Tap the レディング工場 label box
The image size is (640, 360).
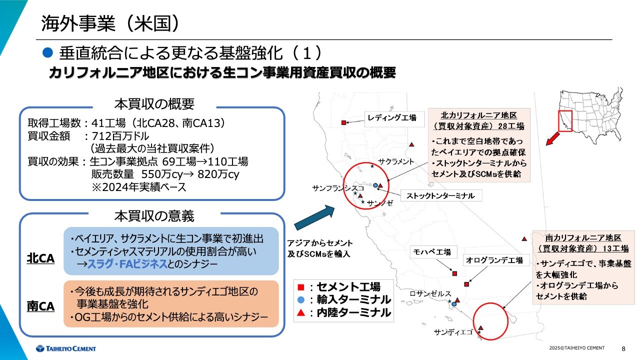(392, 118)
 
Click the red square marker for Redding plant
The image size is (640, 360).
(343, 122)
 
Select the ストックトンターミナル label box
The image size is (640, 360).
(440, 195)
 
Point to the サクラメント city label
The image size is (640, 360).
(396, 161)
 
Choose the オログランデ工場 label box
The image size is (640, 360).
(494, 260)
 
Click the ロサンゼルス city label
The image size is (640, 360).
(430, 293)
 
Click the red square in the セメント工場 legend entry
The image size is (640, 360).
(300, 287)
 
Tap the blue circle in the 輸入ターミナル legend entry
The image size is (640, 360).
(300, 300)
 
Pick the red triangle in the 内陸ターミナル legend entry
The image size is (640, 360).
(300, 313)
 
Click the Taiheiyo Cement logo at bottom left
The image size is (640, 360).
(66, 348)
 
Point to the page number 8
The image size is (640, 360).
(623, 348)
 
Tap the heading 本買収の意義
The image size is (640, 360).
(154, 216)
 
